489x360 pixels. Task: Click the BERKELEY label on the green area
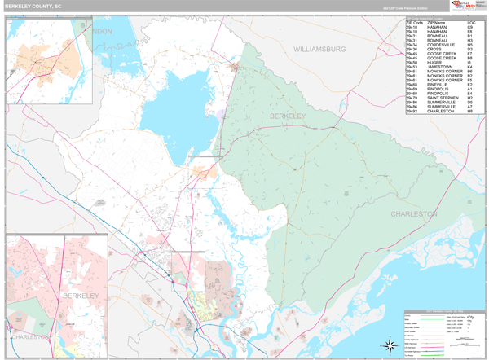(288, 116)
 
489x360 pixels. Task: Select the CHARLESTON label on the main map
(414, 213)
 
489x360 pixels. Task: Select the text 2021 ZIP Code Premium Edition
(400, 8)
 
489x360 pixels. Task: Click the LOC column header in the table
(470, 23)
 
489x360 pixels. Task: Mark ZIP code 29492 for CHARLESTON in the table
(414, 112)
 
